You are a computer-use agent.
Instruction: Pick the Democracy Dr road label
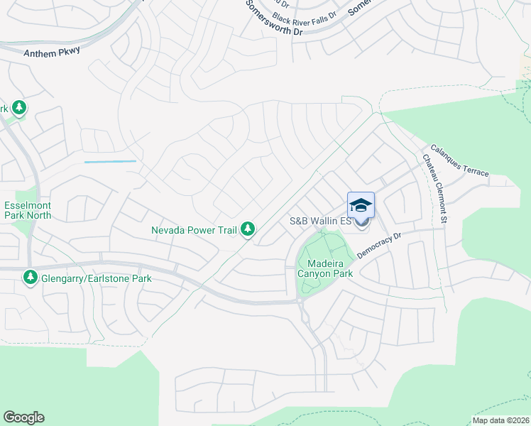[x=380, y=244]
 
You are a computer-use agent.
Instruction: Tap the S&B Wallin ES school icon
[x=361, y=205]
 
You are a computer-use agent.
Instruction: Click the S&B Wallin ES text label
[x=321, y=221]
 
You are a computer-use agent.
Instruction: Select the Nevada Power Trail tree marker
[x=248, y=229]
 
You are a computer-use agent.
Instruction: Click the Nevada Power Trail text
[x=195, y=229]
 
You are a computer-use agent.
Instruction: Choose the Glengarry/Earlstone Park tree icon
[x=31, y=278]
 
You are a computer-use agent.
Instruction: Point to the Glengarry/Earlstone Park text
[x=97, y=278]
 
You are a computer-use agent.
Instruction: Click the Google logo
[x=23, y=417]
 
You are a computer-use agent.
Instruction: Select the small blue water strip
[x=110, y=162]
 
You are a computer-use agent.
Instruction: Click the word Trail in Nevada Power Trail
[x=225, y=229]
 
